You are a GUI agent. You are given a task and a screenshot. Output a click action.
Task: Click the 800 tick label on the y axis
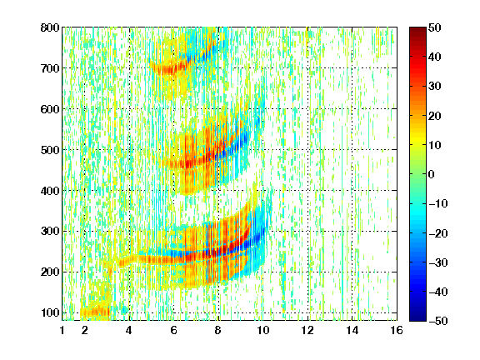[50, 27]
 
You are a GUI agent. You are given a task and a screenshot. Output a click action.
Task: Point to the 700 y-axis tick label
[50, 68]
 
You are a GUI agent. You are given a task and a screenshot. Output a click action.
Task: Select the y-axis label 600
[50, 109]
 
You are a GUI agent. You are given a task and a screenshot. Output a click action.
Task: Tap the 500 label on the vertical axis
[50, 150]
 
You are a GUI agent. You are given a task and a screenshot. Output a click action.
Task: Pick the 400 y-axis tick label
[50, 191]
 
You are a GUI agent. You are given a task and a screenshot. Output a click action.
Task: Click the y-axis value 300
[50, 232]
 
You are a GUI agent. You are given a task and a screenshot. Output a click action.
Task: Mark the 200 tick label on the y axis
[50, 272]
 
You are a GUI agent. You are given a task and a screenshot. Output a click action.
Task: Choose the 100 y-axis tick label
[50, 312]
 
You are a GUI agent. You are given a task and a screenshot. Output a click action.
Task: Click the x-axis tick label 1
[62, 330]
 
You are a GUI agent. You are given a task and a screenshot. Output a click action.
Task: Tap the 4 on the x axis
[129, 330]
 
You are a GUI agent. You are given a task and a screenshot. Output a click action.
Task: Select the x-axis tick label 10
[262, 330]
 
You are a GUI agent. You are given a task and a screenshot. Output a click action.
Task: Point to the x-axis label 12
[307, 330]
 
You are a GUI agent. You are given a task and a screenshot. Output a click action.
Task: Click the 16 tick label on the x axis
[397, 330]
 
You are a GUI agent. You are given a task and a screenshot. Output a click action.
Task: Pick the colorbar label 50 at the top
[435, 27]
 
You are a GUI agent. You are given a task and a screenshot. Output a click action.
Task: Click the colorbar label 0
[432, 174]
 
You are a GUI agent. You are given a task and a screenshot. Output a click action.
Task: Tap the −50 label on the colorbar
[438, 321]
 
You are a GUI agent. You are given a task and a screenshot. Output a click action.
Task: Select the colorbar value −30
[438, 262]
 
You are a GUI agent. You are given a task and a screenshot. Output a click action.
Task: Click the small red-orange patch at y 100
[95, 312]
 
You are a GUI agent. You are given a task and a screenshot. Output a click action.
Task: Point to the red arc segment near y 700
[170, 69]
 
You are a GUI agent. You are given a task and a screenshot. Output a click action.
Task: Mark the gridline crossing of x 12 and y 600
[307, 109]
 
